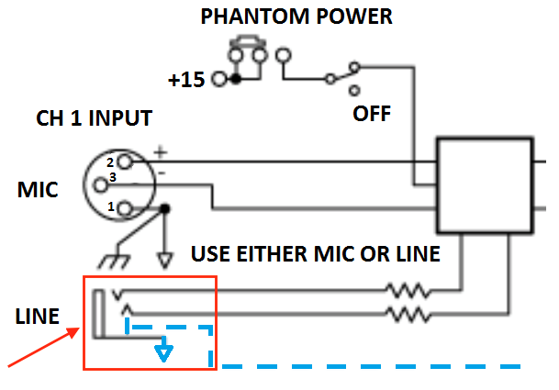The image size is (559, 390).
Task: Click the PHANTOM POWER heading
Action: click(x=296, y=16)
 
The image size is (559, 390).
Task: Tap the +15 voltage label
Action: click(x=187, y=80)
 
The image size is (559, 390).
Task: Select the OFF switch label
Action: click(x=373, y=115)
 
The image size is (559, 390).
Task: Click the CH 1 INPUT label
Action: click(x=94, y=119)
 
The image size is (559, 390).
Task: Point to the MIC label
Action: click(x=38, y=191)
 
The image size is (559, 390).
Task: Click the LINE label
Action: click(x=38, y=318)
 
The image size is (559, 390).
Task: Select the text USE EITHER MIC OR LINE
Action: click(x=315, y=252)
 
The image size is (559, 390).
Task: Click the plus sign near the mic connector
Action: click(x=161, y=150)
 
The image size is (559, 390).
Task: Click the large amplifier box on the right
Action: click(x=484, y=184)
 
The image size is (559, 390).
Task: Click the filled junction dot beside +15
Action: click(x=236, y=80)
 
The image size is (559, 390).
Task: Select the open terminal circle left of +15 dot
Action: click(x=218, y=80)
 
